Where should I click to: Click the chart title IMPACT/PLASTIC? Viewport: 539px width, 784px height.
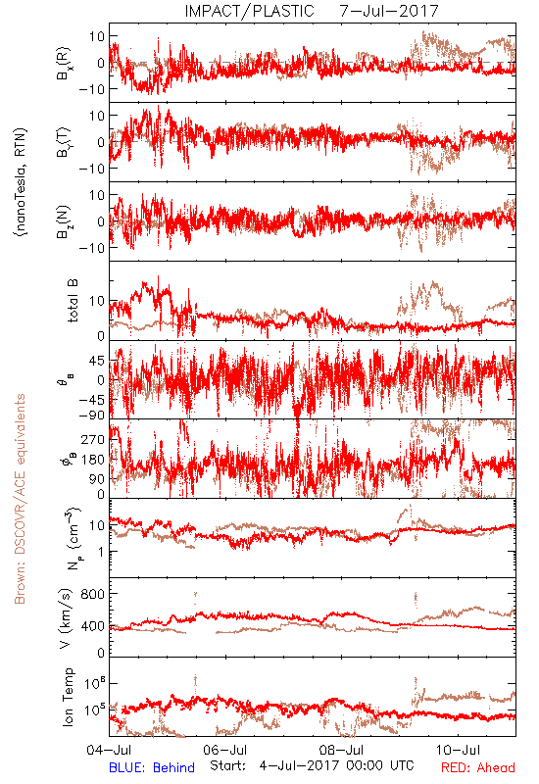250,11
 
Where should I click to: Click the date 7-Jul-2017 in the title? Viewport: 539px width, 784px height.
389,11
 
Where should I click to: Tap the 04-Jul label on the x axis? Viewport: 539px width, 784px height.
109,750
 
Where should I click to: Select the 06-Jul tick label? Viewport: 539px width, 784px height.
225,750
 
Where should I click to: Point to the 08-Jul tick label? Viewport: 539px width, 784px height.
341,750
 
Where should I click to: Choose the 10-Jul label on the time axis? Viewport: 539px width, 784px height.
458,750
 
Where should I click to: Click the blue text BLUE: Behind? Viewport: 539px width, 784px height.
152,767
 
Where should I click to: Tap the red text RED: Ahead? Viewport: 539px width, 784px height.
478,767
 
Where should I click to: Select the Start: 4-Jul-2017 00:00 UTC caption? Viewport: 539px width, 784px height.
312,765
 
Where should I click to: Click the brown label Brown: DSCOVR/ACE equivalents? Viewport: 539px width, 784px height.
20,499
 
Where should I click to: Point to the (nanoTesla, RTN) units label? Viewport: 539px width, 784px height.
21,182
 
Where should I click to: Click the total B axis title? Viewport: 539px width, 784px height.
72,301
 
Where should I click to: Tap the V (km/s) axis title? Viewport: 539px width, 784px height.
66,619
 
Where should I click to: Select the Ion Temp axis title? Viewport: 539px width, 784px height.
68,697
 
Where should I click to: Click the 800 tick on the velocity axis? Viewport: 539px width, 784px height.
92,594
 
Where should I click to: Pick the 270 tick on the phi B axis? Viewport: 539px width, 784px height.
92,439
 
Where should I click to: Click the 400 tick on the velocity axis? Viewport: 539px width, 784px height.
92,626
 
